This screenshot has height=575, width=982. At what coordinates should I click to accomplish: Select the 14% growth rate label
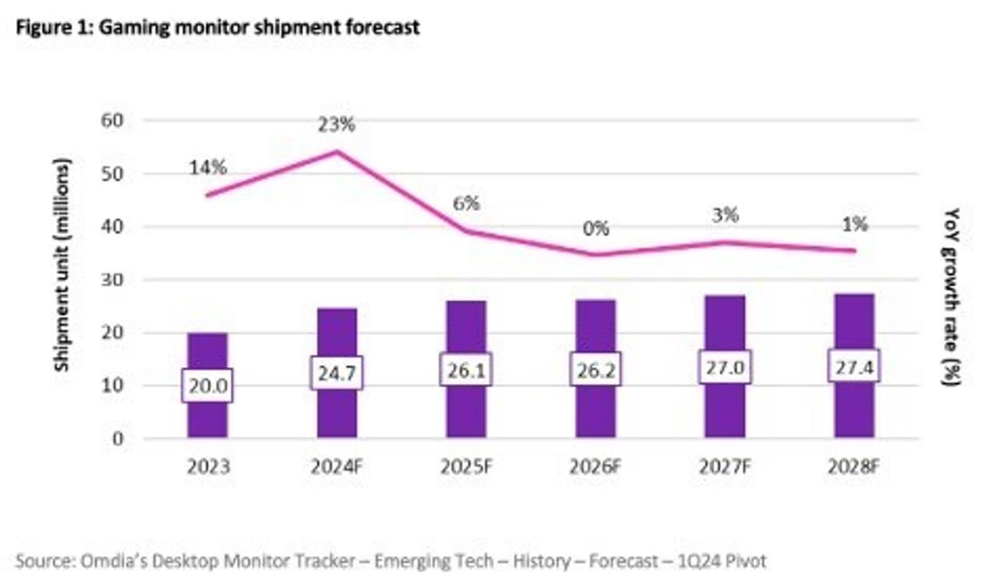[208, 167]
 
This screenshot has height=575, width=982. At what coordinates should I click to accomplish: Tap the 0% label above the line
[595, 228]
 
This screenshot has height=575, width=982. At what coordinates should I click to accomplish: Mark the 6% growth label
[466, 203]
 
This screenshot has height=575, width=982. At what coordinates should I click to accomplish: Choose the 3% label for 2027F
[724, 216]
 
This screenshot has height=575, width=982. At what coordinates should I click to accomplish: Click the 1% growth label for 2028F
[854, 224]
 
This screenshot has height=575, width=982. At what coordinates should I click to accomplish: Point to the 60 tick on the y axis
[113, 121]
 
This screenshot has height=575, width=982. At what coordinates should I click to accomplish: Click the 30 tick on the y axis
[113, 280]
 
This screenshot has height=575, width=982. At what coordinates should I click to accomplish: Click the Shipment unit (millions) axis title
[63, 265]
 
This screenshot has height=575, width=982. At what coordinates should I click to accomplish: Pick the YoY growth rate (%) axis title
[952, 296]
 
